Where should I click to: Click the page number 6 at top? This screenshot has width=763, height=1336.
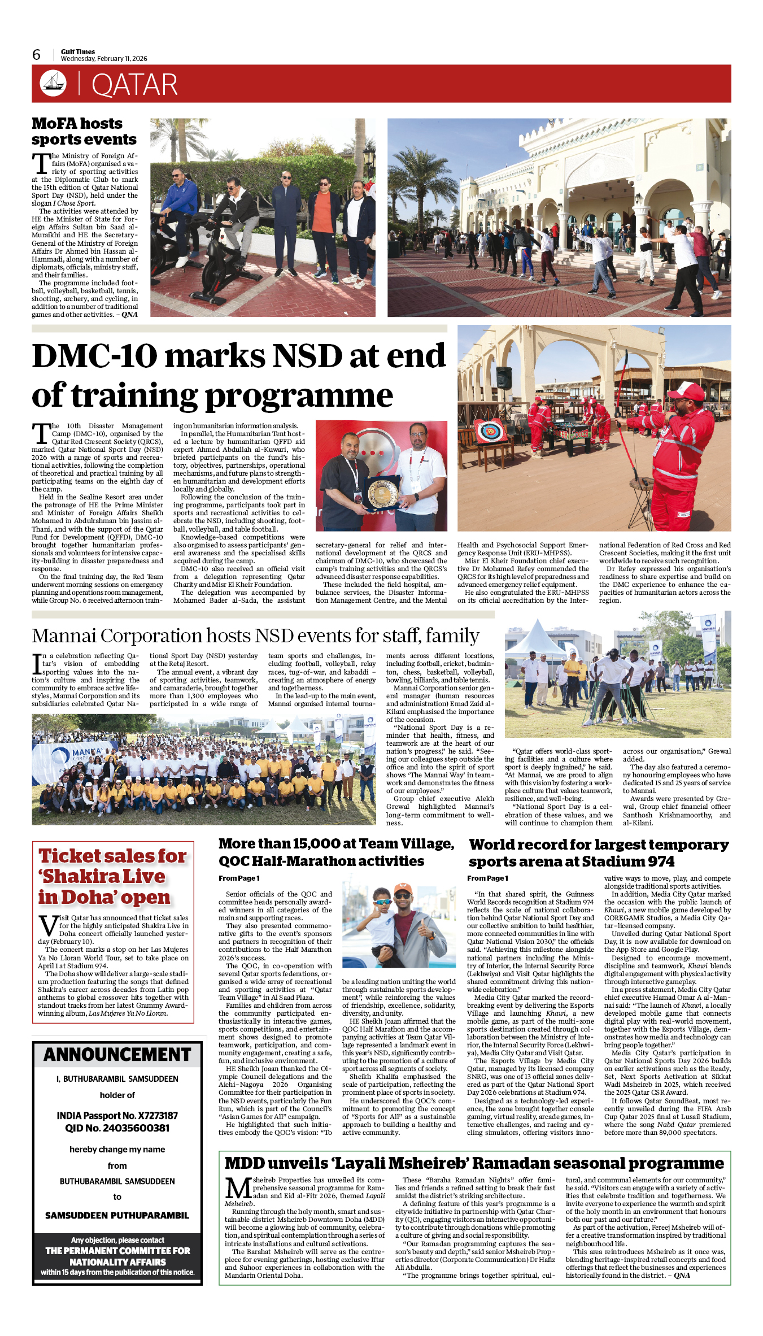click(37, 55)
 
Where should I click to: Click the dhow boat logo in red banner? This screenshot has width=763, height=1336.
click(53, 83)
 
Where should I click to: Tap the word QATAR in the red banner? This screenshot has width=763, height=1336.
click(134, 85)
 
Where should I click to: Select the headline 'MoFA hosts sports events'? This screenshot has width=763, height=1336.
click(84, 131)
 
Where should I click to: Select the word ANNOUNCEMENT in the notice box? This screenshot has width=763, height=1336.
click(117, 1055)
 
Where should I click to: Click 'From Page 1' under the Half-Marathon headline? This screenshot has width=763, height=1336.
click(239, 878)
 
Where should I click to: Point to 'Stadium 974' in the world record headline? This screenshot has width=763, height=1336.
click(628, 861)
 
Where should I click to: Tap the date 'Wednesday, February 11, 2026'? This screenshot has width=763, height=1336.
click(104, 59)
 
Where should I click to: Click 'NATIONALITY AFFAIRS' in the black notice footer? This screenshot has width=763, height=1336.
click(117, 1262)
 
